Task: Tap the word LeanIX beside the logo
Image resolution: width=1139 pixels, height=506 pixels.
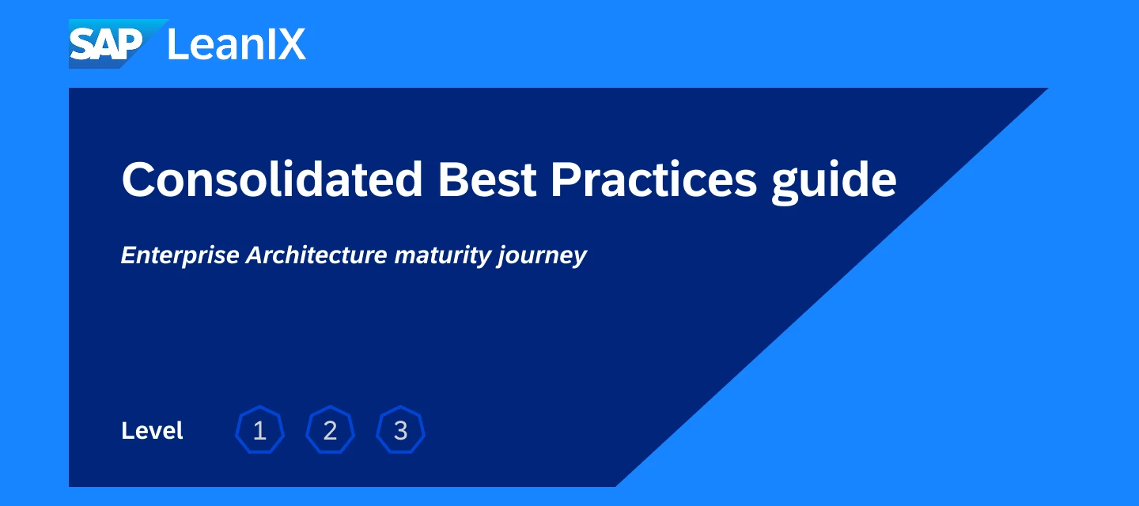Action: (237, 44)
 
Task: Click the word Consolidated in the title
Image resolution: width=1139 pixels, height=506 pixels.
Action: (272, 179)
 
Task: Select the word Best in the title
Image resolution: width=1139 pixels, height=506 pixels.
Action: (487, 179)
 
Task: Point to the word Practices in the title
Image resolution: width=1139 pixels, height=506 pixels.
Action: (654, 179)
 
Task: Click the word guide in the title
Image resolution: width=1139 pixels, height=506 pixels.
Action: (834, 182)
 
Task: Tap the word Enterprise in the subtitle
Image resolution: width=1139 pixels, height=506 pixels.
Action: (180, 255)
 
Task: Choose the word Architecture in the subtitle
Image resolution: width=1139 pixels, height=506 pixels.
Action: (316, 255)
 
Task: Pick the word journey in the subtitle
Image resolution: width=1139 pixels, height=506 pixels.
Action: (542, 255)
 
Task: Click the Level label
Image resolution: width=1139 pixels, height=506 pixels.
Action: (152, 431)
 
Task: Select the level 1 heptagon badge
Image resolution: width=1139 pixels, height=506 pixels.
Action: (259, 430)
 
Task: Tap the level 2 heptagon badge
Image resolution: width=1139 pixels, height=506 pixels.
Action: (330, 430)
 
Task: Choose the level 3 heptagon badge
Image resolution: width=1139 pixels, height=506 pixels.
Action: (401, 430)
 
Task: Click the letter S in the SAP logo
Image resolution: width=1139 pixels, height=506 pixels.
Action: (82, 45)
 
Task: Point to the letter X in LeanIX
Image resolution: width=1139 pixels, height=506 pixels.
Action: (291, 44)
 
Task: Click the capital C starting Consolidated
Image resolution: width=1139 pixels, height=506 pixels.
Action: (138, 179)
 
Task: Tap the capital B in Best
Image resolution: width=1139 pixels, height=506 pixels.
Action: (452, 179)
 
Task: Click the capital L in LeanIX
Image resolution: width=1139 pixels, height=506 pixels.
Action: (177, 44)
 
